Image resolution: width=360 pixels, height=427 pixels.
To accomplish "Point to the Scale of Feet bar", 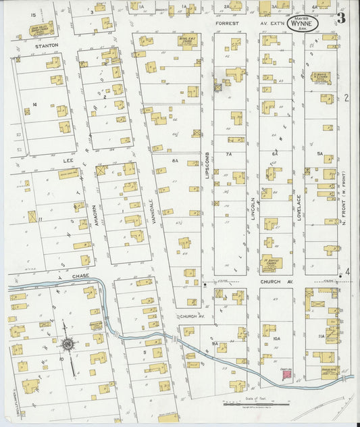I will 257,404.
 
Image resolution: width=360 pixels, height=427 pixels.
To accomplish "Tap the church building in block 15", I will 41,29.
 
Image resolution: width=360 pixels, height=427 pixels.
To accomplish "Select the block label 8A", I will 175,161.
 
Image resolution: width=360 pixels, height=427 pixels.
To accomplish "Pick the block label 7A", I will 228,154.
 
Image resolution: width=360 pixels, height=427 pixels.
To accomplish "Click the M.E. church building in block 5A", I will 323,77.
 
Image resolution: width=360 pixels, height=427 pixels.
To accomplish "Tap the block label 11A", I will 322,335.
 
